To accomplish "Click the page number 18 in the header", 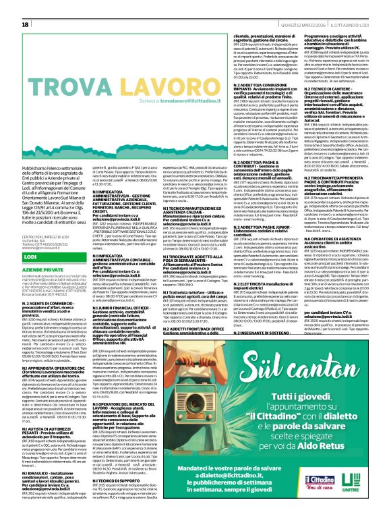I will [x=26, y=24].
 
